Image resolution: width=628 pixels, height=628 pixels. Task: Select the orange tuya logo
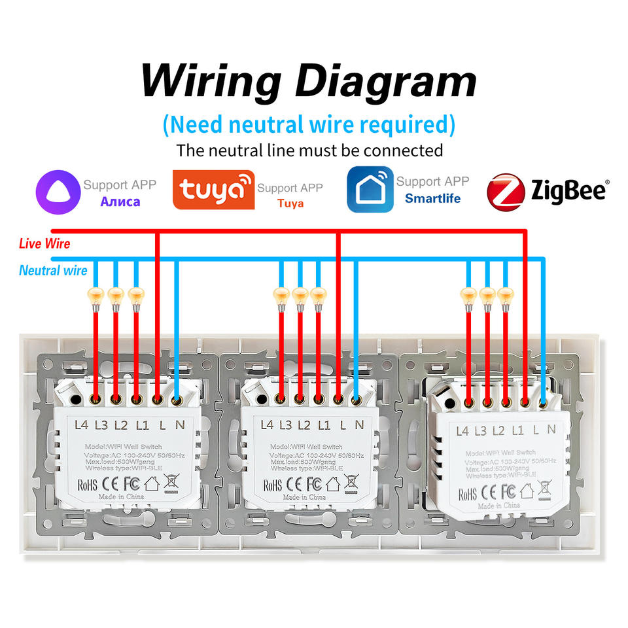tap(213, 190)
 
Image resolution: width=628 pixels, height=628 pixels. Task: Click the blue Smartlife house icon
tap(370, 189)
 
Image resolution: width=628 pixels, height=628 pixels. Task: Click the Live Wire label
tap(44, 244)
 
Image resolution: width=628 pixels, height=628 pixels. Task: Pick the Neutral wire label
tap(53, 270)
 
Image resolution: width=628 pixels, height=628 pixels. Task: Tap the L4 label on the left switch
tap(81, 425)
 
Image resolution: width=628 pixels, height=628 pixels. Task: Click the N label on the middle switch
tap(359, 425)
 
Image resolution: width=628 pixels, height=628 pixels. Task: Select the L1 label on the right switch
tap(517, 430)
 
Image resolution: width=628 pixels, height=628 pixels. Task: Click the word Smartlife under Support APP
tap(432, 198)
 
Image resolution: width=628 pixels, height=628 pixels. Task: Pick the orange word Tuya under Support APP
tap(290, 203)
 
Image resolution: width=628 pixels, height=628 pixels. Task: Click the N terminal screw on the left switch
tap(177, 397)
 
